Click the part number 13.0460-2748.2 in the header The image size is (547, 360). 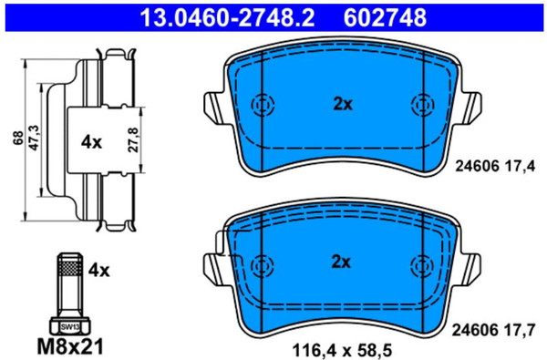pyautogui.click(x=227, y=17)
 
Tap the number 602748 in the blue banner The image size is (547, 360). pyautogui.click(x=385, y=17)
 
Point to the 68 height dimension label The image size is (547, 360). pyautogui.click(x=18, y=138)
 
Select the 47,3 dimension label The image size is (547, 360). pyautogui.click(x=35, y=138)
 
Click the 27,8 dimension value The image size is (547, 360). pyautogui.click(x=134, y=139)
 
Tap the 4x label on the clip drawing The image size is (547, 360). pyautogui.click(x=91, y=142)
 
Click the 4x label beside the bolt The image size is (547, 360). pyautogui.click(x=98, y=271)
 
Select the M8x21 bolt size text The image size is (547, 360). pyautogui.click(x=70, y=346)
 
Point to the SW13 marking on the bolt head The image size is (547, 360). pyautogui.click(x=70, y=327)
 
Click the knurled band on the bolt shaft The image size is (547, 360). pyautogui.click(x=70, y=268)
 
